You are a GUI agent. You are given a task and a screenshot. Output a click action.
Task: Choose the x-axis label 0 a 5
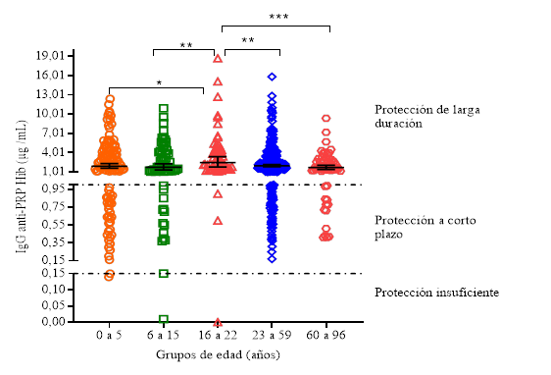click(110, 335)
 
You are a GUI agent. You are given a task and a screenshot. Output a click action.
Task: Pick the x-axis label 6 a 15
click(164, 335)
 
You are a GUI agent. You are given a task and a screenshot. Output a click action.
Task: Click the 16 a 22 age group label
click(219, 335)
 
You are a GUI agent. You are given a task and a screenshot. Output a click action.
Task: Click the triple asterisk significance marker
click(277, 17)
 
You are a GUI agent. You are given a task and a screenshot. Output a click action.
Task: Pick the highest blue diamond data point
click(273, 76)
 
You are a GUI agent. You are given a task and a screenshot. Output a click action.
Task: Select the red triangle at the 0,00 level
click(219, 322)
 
